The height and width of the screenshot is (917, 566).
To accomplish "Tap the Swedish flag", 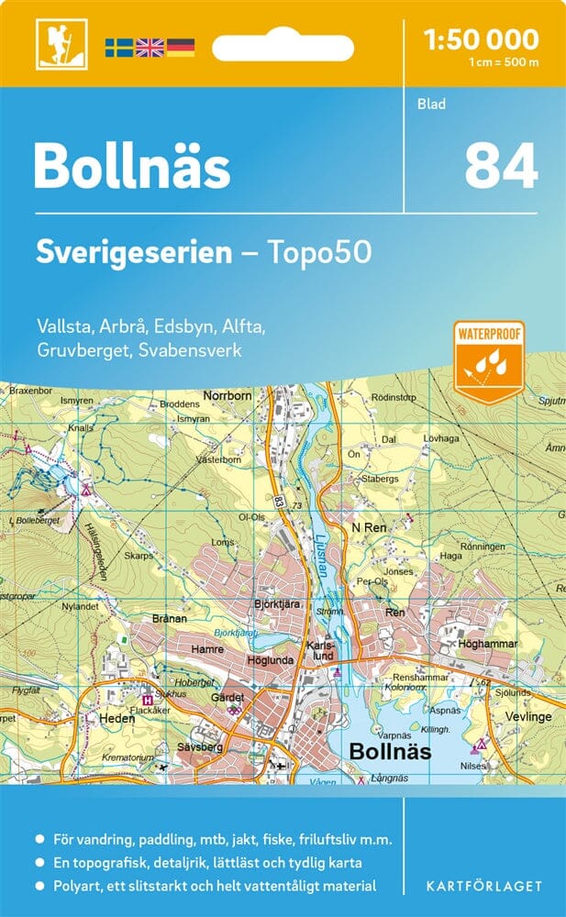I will pos(118,47).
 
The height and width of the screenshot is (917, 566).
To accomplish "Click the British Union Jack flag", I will pos(150,47).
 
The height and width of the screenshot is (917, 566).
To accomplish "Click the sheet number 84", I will pos(500,166).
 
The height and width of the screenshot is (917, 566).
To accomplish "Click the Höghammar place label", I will pos(489,645).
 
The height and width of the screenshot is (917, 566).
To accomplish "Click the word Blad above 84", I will pos(431,104).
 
